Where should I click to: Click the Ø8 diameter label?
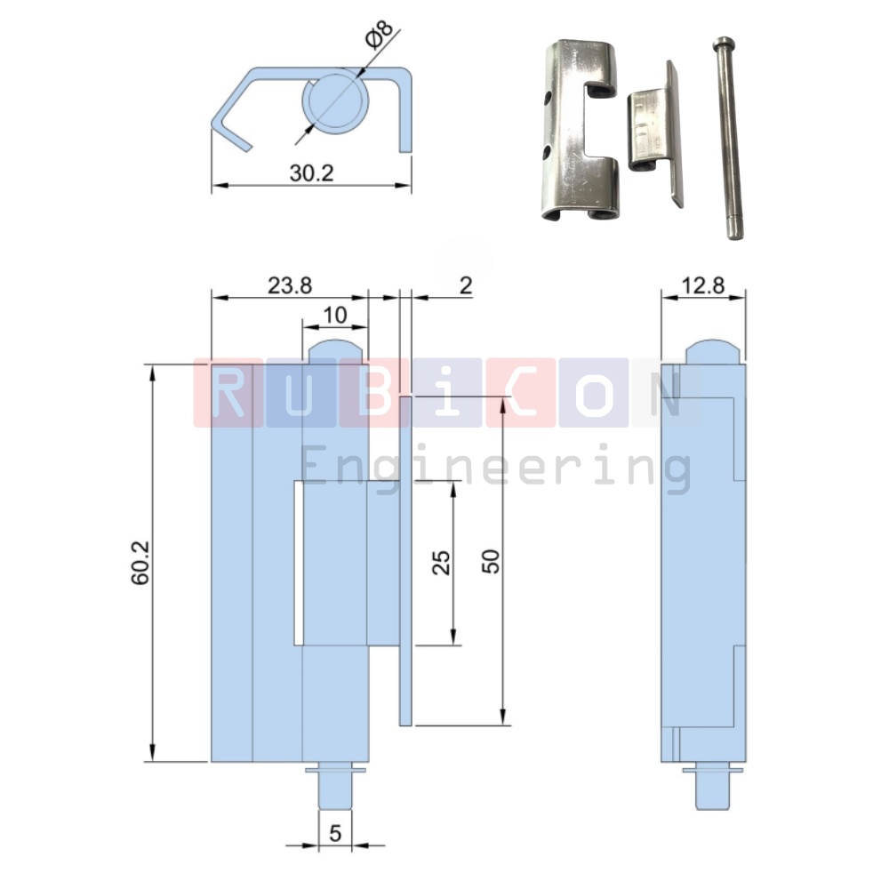pos(380,36)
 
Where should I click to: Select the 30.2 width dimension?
pos(311,173)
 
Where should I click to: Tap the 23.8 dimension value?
pos(290,285)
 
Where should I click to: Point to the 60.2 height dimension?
pos(140,563)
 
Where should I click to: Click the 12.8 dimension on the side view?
pos(702,285)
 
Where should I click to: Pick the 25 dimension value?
pos(442,563)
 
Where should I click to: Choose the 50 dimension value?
pos(491,561)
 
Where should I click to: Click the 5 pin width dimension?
pos(335,833)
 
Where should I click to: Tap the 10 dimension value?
pos(334,315)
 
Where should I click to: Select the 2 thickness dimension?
pos(466,285)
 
